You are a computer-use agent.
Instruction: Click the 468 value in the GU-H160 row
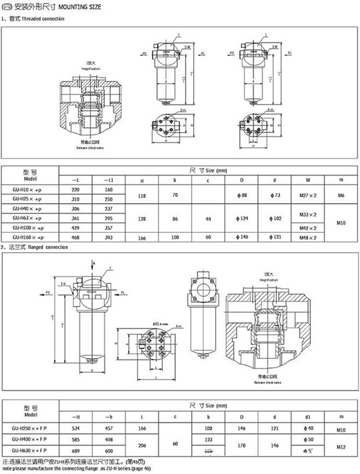pyautogui.click(x=75, y=237)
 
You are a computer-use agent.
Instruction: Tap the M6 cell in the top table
pyautogui.click(x=341, y=197)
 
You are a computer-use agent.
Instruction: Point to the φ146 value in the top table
pyautogui.click(x=244, y=237)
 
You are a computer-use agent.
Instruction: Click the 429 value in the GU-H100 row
pyautogui.click(x=75, y=227)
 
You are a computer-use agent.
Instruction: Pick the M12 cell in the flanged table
pyautogui.click(x=341, y=445)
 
